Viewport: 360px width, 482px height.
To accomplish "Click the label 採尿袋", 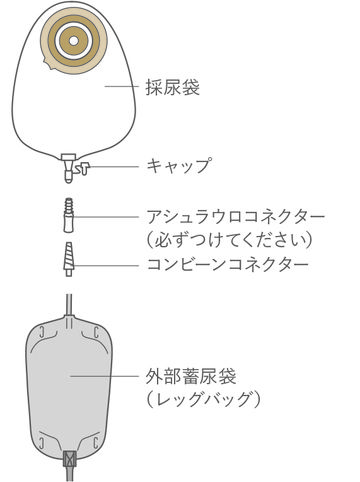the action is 172,87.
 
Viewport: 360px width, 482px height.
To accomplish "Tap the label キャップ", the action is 179,165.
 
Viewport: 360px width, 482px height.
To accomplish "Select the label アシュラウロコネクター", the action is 236,217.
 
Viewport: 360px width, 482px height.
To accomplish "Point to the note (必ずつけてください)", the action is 230,240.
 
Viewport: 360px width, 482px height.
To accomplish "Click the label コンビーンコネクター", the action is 228,265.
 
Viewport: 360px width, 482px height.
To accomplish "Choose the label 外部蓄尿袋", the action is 190,376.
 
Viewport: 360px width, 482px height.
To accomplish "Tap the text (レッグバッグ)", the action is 203,399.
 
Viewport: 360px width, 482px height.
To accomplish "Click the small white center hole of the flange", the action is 74,41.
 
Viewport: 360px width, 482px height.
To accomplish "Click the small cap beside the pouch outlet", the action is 81,168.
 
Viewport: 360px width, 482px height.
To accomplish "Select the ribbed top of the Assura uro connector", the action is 69,206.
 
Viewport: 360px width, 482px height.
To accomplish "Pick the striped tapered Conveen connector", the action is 68,259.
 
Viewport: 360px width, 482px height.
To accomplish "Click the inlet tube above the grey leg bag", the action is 69,305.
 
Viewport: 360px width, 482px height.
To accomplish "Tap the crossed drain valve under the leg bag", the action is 68,459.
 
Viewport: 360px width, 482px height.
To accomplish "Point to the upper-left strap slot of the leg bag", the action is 41,333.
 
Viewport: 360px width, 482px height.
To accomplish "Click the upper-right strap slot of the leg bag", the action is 96,333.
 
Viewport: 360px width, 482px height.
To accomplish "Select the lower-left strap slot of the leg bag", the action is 41,443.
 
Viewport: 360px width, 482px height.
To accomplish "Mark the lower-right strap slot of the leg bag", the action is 96,443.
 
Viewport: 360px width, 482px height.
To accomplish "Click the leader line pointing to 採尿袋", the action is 122,87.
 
